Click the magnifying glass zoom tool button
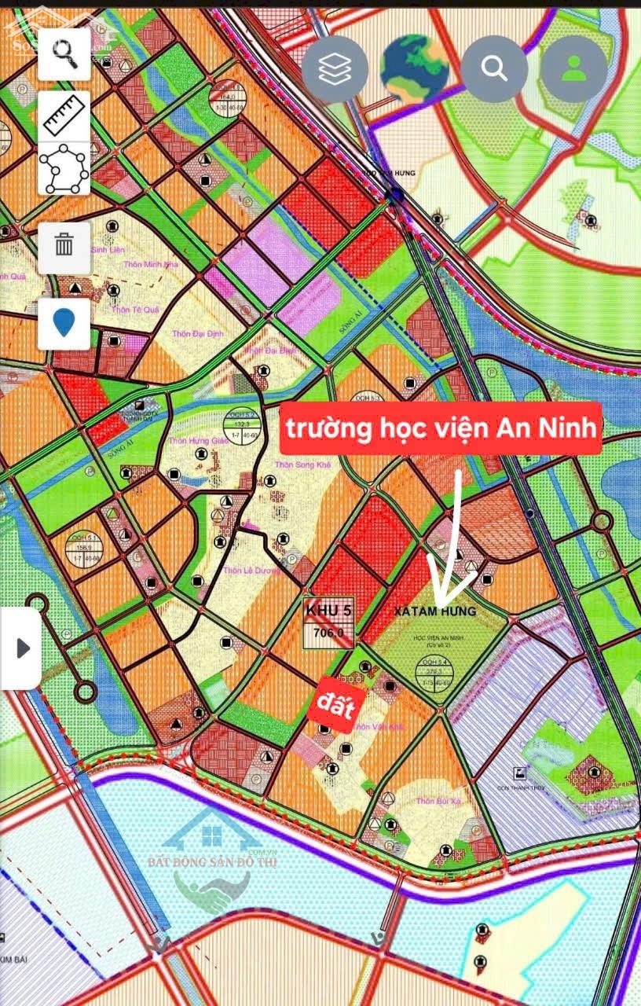point(64,53)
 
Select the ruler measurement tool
point(64,116)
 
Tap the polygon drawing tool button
point(64,169)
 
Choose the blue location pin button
point(64,323)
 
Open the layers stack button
point(335,69)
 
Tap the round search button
point(494,69)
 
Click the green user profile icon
point(574,69)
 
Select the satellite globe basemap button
point(414,69)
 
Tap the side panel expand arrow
point(22,648)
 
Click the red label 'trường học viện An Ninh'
point(442,429)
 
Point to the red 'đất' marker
point(336,702)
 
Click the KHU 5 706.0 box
point(328,621)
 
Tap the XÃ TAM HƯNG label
point(434,611)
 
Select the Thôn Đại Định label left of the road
point(199,333)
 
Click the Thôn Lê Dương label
point(251,571)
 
